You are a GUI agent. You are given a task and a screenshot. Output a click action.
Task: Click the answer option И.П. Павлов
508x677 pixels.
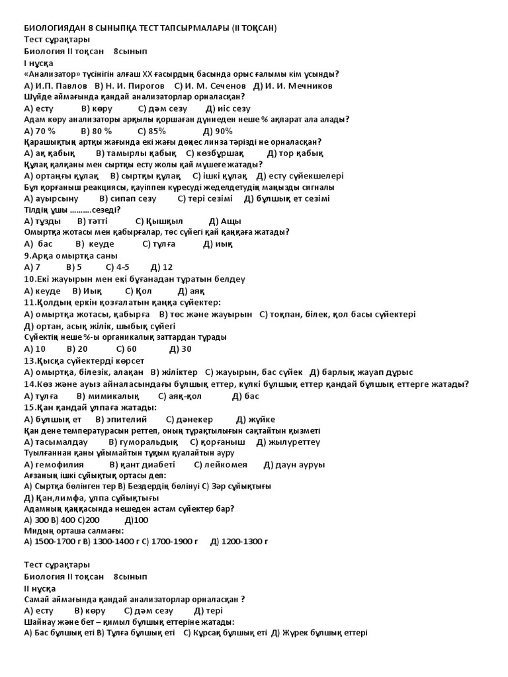(62, 86)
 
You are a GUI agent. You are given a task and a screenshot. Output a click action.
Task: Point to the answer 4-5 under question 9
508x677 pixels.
(122, 267)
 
